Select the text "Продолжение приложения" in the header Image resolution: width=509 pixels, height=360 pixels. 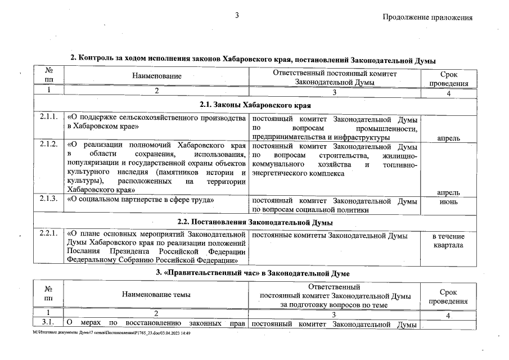[x=427, y=17]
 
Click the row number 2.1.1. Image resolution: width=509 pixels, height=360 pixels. [x=49, y=119]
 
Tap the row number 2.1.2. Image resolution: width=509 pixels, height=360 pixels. [x=49, y=145]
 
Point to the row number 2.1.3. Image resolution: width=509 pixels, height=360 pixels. [x=49, y=200]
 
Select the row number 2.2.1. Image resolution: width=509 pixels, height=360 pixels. [x=49, y=233]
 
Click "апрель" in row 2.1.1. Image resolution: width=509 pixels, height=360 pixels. [x=448, y=137]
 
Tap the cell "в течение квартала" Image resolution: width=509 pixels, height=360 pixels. [x=448, y=241]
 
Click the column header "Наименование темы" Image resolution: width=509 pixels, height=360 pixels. [x=156, y=295]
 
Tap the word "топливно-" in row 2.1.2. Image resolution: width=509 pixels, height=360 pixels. [x=399, y=164]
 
